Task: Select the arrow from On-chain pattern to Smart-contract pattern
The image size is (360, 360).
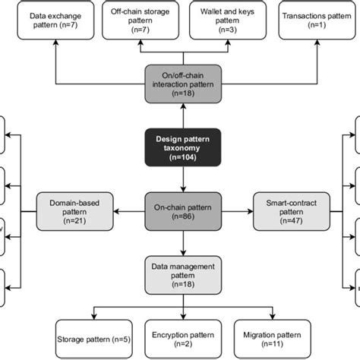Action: [238, 210]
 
